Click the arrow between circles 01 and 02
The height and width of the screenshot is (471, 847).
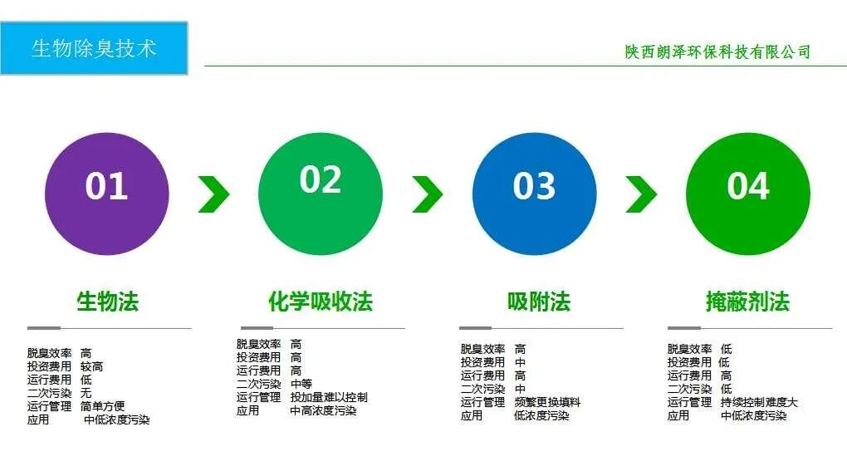[x=213, y=194]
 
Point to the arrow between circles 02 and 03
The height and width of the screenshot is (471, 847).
[x=428, y=194]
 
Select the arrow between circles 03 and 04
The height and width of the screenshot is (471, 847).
[x=641, y=194]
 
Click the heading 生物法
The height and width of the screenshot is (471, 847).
[x=107, y=302]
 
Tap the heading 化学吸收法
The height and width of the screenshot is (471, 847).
[x=321, y=302]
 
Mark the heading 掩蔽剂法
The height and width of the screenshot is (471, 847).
[x=747, y=302]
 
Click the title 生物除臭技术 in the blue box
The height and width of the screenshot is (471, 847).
[x=94, y=48]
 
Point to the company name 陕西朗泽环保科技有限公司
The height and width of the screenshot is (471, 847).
[x=718, y=52]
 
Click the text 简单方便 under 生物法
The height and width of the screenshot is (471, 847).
[x=103, y=406]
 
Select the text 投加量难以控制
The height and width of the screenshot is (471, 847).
[x=329, y=397]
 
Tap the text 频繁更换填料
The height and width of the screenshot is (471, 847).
[x=547, y=402]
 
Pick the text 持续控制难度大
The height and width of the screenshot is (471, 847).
[x=759, y=402]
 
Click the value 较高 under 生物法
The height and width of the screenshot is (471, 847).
[x=91, y=366]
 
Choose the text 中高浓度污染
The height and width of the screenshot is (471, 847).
[x=323, y=410]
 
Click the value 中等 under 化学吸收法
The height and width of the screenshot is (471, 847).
[x=301, y=384]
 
